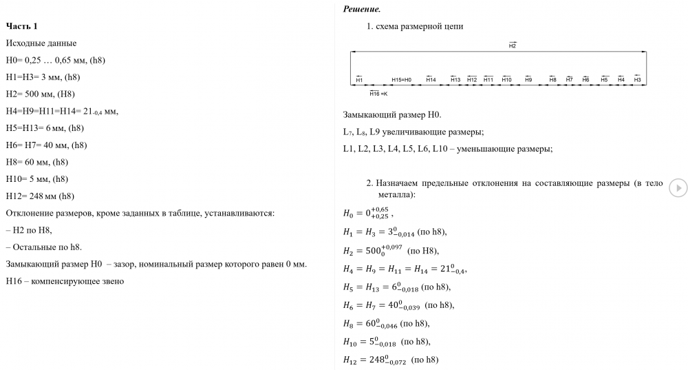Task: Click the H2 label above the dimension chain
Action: [x=513, y=45]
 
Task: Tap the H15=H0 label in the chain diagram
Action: [x=401, y=80]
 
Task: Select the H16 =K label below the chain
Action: [x=378, y=93]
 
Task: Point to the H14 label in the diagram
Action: [x=431, y=80]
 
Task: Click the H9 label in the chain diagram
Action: [x=528, y=80]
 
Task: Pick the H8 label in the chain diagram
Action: [x=552, y=80]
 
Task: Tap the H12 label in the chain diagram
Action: [x=472, y=80]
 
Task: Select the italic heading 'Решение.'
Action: [x=361, y=9]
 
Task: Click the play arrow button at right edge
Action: [x=678, y=187]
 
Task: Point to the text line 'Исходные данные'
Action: [x=41, y=43]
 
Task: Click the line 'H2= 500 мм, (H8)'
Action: [x=40, y=94]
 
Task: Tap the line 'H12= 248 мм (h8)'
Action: [x=40, y=196]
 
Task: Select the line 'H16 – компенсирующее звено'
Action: [x=64, y=281]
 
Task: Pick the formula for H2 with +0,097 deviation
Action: [x=390, y=250]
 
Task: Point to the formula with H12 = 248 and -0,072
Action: [x=390, y=360]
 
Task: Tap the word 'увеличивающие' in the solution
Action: [x=424, y=132]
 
